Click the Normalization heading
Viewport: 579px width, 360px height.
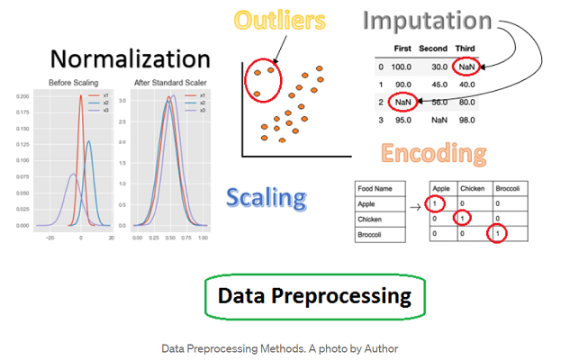click(x=131, y=59)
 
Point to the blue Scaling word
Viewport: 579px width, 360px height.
click(x=266, y=197)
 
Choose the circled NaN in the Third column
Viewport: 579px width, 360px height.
click(x=466, y=67)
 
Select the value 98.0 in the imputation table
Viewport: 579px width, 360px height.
click(x=466, y=120)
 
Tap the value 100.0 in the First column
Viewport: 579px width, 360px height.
click(x=403, y=67)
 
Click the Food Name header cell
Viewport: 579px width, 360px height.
click(x=376, y=190)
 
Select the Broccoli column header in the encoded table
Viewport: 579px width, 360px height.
click(x=511, y=190)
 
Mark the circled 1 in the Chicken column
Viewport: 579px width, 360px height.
click(x=462, y=218)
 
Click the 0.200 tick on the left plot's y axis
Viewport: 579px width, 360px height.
click(x=23, y=94)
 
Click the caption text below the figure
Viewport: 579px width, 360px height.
click(x=279, y=348)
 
